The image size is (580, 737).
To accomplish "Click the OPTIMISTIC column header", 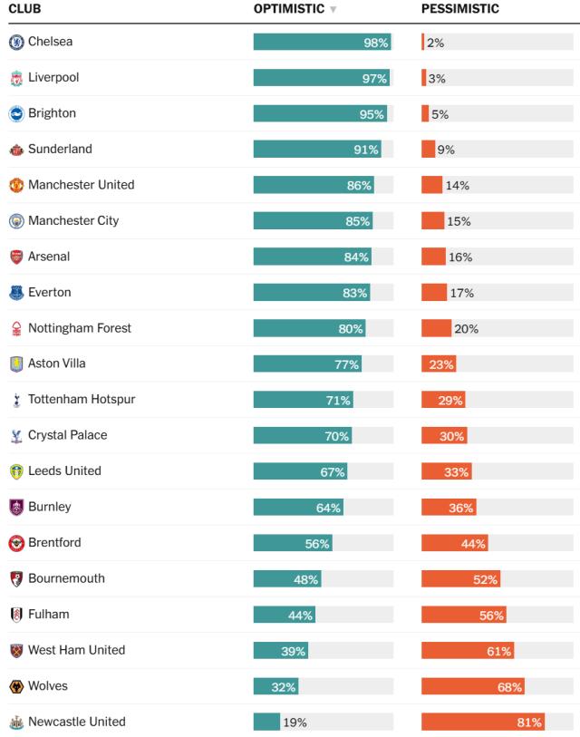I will coord(288,9).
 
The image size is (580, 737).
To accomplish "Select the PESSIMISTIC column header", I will coord(459,9).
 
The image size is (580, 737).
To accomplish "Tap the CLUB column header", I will coord(24,9).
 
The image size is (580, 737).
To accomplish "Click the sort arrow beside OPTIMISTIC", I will coord(333,10).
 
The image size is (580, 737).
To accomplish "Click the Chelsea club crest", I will coord(16,42).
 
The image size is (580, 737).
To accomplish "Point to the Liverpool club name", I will coord(53,77).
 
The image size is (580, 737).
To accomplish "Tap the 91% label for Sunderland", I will coord(366,150).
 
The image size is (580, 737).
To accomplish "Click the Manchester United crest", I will coord(16,185).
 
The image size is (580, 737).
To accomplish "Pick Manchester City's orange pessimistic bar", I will coord(432,221).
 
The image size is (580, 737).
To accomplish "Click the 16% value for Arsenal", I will coord(460,257).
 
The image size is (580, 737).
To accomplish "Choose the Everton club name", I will coord(49,292).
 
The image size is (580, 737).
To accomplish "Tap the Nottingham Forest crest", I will coord(16,328).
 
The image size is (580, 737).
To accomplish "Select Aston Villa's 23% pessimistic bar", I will coord(439,364).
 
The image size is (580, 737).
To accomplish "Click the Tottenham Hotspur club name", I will coord(82,399).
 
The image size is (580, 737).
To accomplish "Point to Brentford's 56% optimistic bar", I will coord(292,543).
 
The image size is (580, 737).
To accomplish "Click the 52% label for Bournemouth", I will coord(485,579).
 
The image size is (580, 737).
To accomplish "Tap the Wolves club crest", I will coord(16,686).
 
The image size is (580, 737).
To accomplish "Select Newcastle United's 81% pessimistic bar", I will coord(482,722).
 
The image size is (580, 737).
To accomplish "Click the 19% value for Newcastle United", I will coord(295,722).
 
